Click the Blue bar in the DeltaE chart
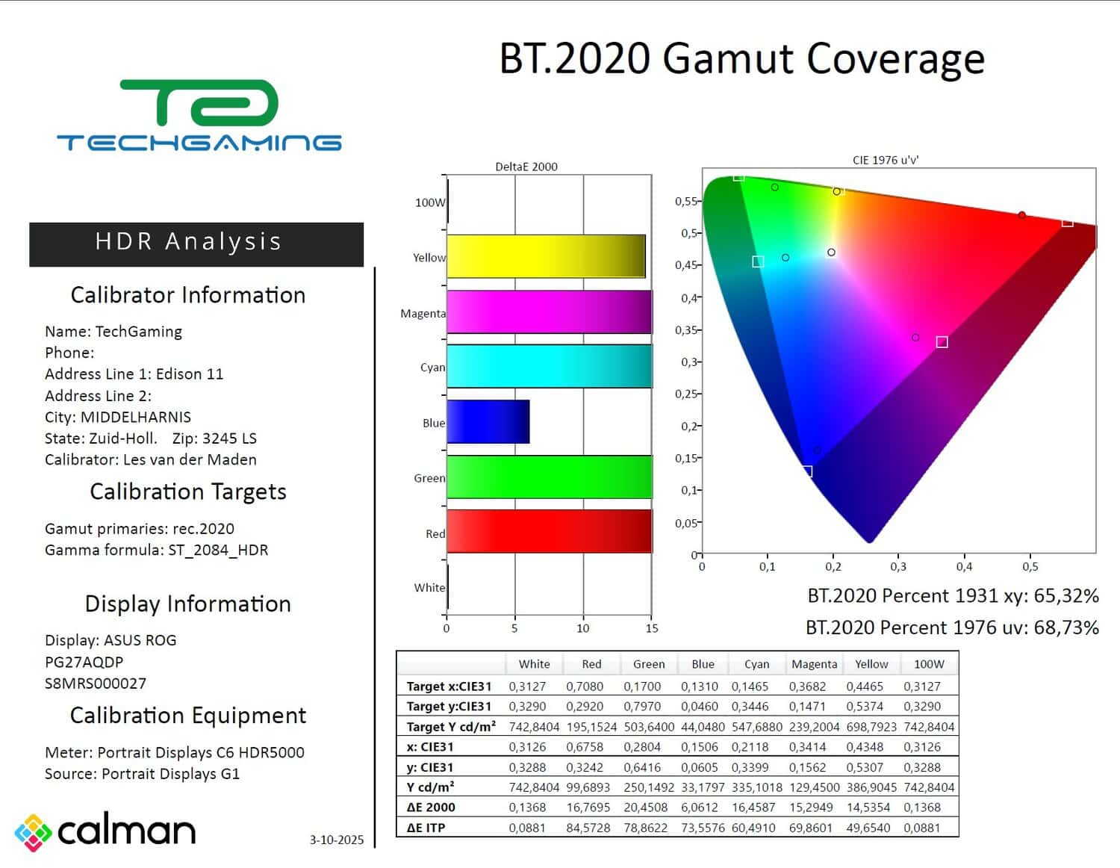click(x=488, y=422)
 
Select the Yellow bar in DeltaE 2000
click(x=546, y=256)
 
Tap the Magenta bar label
click(x=423, y=314)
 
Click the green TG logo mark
click(x=199, y=103)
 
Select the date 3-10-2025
click(x=337, y=840)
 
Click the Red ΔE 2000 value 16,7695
click(x=588, y=807)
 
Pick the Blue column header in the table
click(x=703, y=664)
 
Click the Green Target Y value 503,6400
click(x=649, y=727)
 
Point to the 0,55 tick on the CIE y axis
click(x=685, y=201)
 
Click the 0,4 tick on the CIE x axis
click(x=964, y=567)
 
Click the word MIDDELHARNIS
click(x=136, y=417)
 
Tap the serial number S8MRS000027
click(x=96, y=683)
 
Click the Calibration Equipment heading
click(x=188, y=716)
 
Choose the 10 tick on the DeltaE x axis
click(x=582, y=628)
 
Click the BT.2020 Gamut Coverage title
click(x=741, y=58)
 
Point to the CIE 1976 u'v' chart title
click(x=886, y=160)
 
